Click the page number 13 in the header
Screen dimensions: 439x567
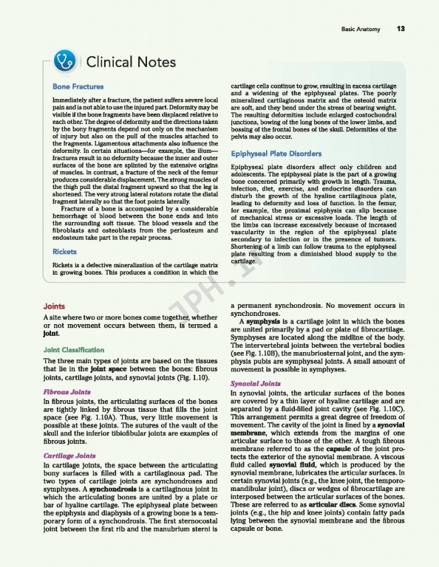click(400, 29)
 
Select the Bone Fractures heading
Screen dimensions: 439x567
click(78, 86)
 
